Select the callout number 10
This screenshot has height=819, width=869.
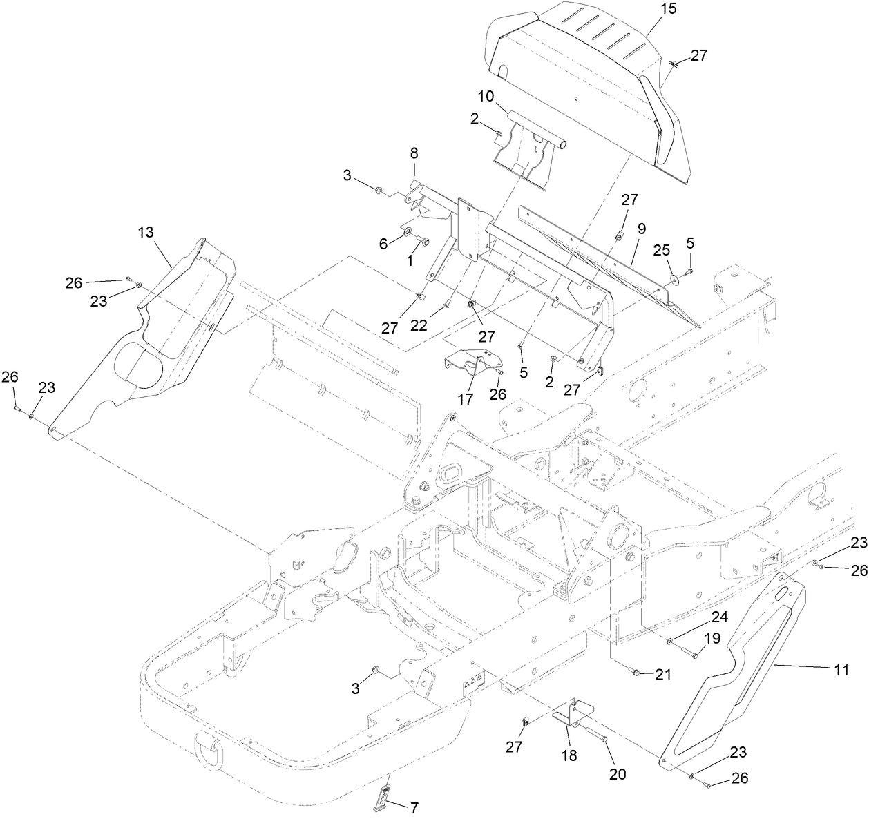485,96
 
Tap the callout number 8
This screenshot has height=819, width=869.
414,153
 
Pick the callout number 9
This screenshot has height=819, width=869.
641,227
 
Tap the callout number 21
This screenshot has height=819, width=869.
663,675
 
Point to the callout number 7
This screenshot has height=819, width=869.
414,807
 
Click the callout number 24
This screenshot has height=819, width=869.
700,617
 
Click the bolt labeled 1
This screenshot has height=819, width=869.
424,242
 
